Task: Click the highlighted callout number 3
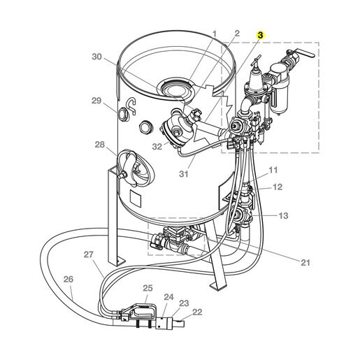(x=260, y=35)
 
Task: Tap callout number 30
(x=96, y=57)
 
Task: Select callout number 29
(x=96, y=101)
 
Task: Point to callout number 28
(x=100, y=145)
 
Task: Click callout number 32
(x=157, y=147)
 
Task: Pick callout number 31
(x=184, y=173)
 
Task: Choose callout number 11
(x=273, y=170)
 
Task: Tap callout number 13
(x=283, y=215)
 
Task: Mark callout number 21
(x=305, y=263)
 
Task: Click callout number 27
(x=89, y=254)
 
